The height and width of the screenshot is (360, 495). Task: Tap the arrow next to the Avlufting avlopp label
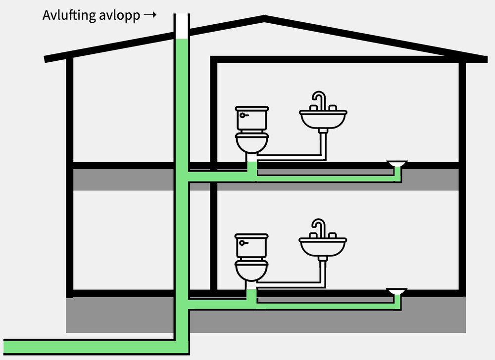click(149, 14)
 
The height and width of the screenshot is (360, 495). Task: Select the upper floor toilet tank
click(252, 118)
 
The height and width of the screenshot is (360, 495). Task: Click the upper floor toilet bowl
click(252, 142)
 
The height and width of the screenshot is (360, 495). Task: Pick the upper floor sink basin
click(323, 119)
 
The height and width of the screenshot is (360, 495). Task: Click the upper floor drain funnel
click(396, 164)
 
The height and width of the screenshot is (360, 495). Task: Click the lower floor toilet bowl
click(251, 270)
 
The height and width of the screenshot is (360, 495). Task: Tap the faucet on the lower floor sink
click(318, 229)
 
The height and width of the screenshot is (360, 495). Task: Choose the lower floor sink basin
click(323, 247)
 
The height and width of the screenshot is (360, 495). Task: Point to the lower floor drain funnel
click(396, 291)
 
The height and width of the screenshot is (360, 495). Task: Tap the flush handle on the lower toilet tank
click(243, 243)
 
